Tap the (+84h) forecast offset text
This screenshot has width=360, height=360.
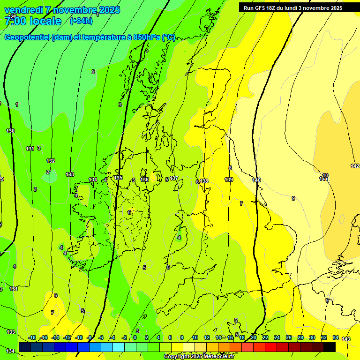(81, 21)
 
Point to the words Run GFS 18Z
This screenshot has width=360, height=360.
(260, 7)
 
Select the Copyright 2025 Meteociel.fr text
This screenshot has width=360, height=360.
(199, 357)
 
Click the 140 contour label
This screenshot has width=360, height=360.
(256, 180)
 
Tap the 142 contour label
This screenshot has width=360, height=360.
(355, 166)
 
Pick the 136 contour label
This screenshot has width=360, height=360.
(144, 180)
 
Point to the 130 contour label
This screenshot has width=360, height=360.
(10, 131)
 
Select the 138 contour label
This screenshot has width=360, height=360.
(204, 181)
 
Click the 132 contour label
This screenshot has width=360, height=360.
(51, 161)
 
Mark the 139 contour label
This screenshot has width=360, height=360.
(229, 180)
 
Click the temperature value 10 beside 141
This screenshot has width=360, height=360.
(325, 175)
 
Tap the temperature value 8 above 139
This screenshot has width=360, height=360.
(230, 168)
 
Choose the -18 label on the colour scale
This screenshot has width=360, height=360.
(32, 337)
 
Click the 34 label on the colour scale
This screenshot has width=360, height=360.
(336, 337)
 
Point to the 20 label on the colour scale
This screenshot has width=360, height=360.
(254, 337)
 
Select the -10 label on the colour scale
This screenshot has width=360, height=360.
(79, 337)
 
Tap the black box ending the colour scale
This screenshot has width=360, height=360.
(330, 347)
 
